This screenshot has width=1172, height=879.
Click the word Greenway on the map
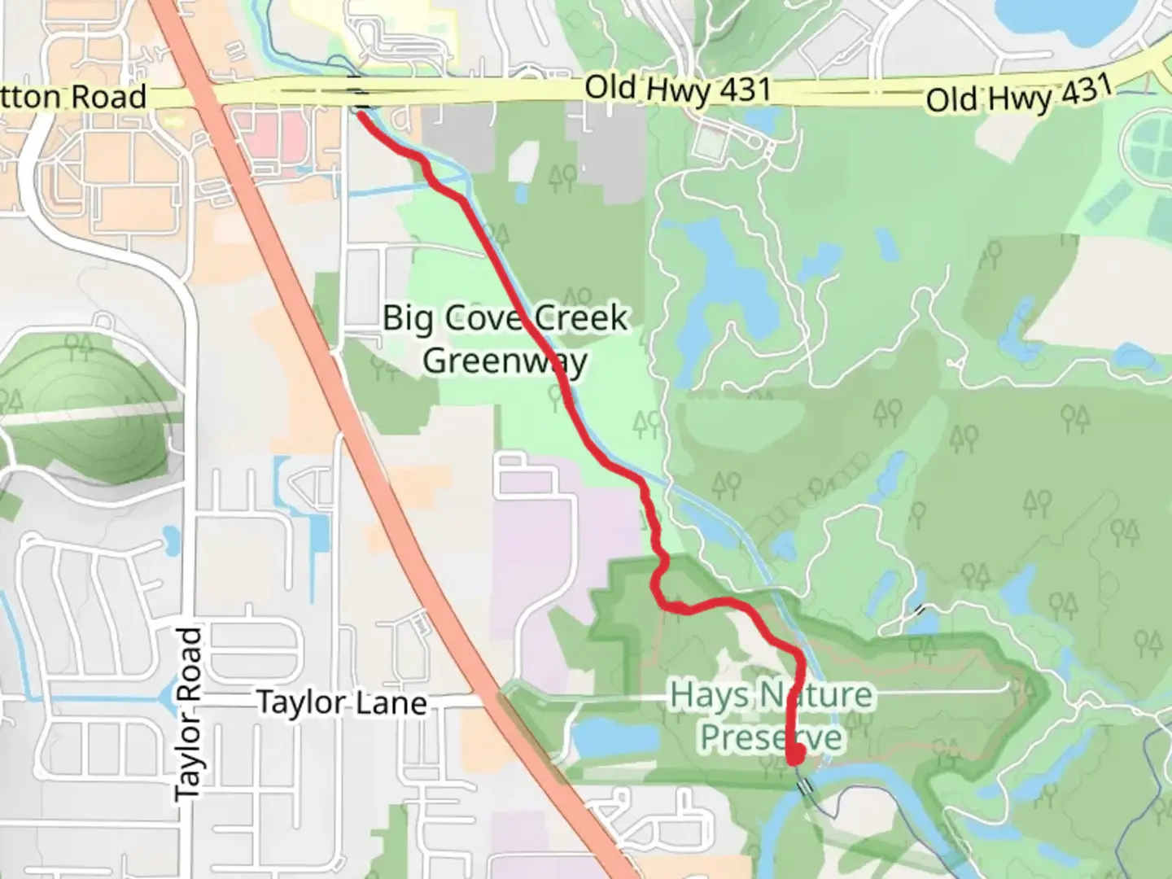pos(505,360)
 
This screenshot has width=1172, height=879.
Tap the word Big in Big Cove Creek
pos(409,317)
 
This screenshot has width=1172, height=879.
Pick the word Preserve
pos(771,738)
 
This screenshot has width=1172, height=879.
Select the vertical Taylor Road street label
pos(188,712)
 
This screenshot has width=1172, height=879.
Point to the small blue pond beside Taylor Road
pos(172,536)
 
